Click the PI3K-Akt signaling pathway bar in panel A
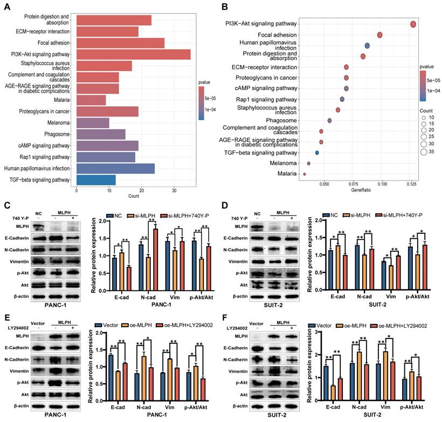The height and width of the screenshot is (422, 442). coord(134,54)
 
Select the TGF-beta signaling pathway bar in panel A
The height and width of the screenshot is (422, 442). coord(96,179)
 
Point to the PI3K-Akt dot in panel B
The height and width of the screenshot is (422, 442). coord(413,24)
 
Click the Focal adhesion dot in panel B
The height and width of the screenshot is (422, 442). coord(379,35)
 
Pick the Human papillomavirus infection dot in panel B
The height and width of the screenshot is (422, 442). coord(367,46)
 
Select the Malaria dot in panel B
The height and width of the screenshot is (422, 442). coord(305,174)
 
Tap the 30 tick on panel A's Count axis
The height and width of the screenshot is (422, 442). coord(174,190)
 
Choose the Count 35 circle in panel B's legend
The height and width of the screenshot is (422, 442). coord(424,152)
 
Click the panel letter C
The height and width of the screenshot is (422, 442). coord(7,205)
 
